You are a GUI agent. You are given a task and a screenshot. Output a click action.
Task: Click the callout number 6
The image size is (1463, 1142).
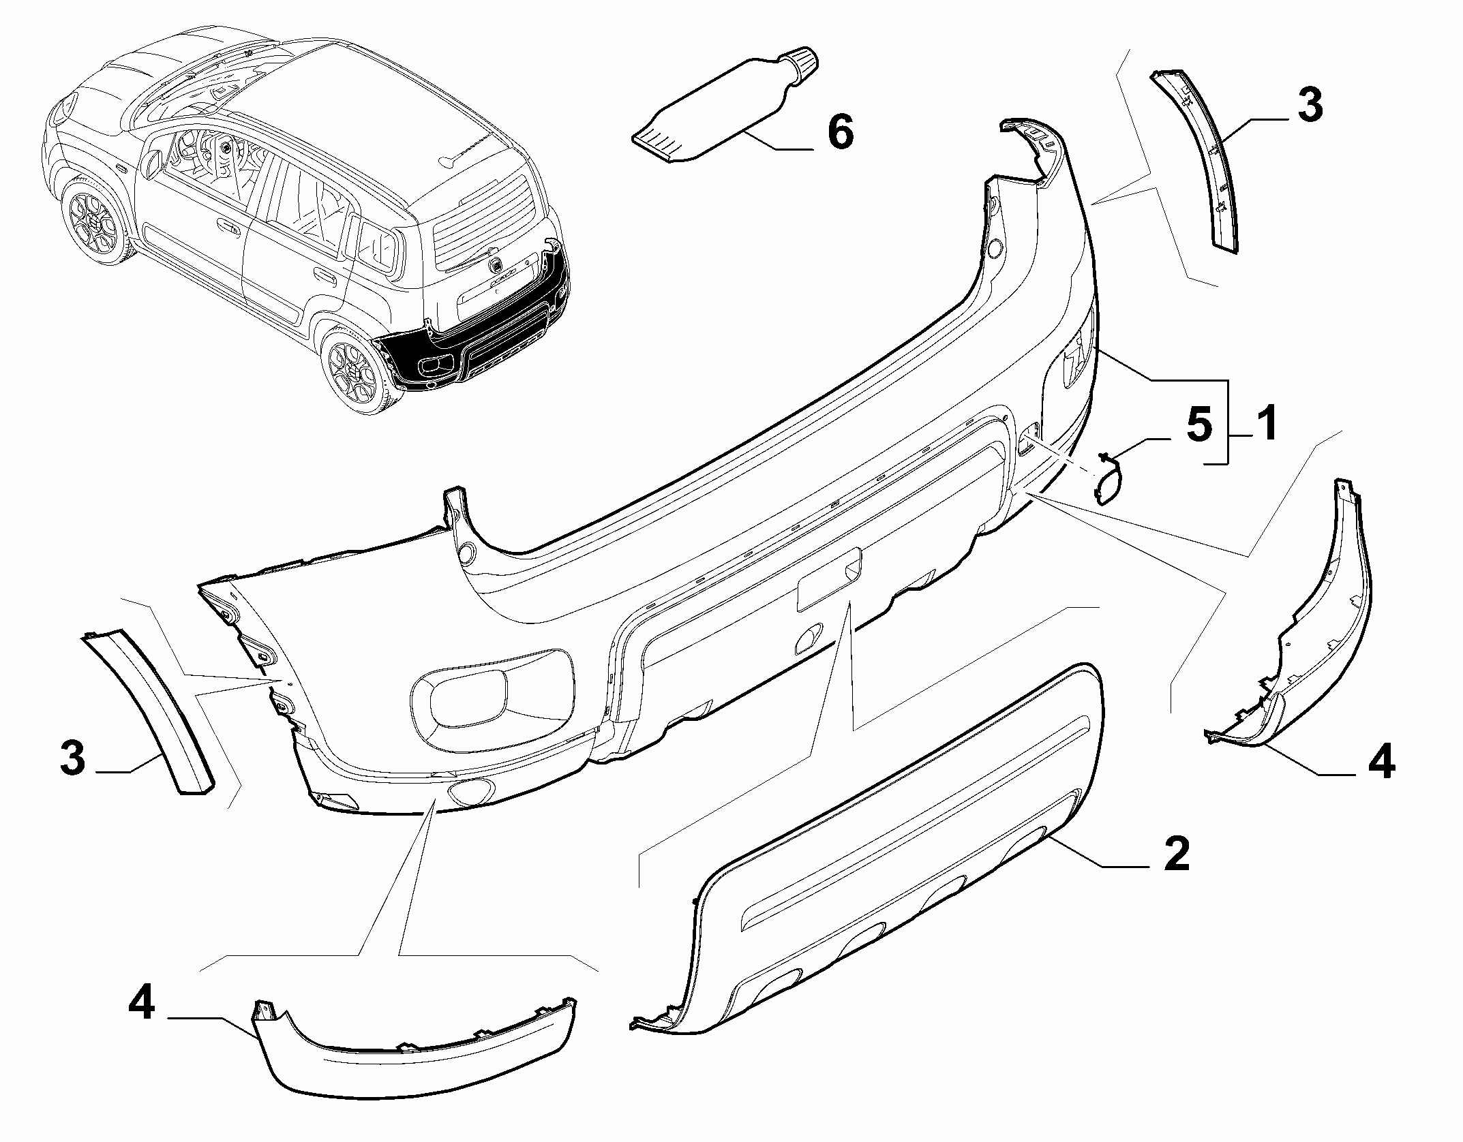840,132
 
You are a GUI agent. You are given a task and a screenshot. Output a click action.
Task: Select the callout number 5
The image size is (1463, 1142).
1199,423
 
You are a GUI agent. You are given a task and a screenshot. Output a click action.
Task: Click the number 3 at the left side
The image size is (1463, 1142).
72,758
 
